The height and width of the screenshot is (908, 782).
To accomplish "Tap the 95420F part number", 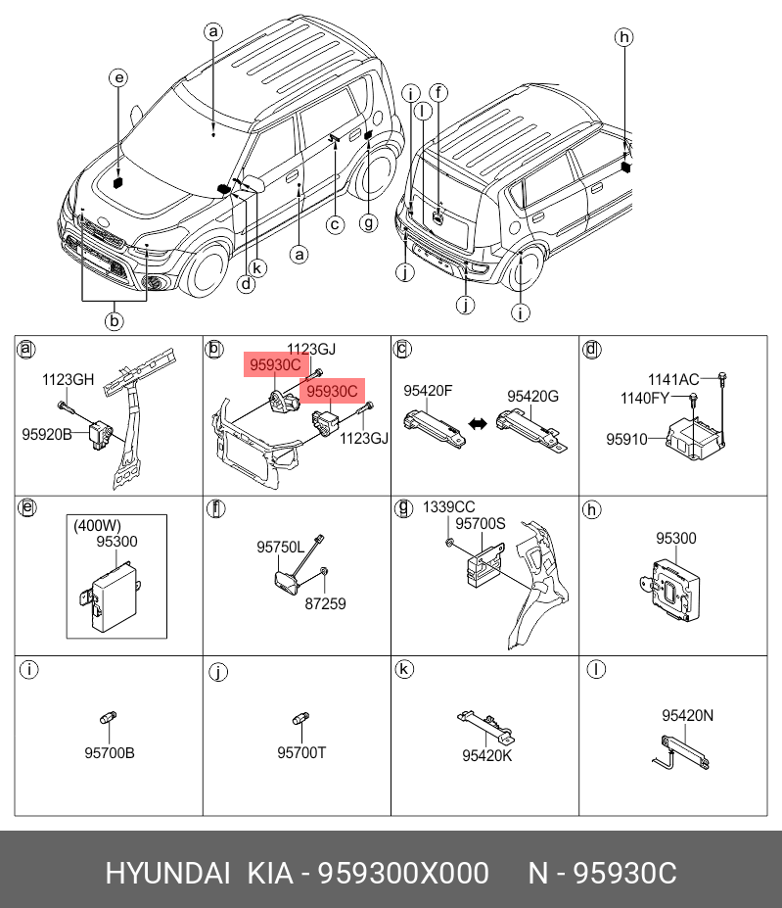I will pos(429,390).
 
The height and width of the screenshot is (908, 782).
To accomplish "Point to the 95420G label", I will pos(532,396).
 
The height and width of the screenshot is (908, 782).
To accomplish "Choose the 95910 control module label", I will pos(626,439).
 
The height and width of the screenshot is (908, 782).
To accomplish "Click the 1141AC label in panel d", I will pos(673,379).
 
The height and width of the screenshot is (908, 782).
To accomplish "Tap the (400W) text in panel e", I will pos(94,525).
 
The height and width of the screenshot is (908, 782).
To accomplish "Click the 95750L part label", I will pos(281,547).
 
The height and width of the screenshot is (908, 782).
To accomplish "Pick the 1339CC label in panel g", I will pos(448,507).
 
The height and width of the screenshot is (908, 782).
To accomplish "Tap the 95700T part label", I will pos(301,753).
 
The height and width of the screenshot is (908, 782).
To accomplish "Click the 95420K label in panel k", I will pos(486,755).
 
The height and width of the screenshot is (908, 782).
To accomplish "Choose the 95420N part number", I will pos(687,716).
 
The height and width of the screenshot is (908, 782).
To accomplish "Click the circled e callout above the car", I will pos(117,78).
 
